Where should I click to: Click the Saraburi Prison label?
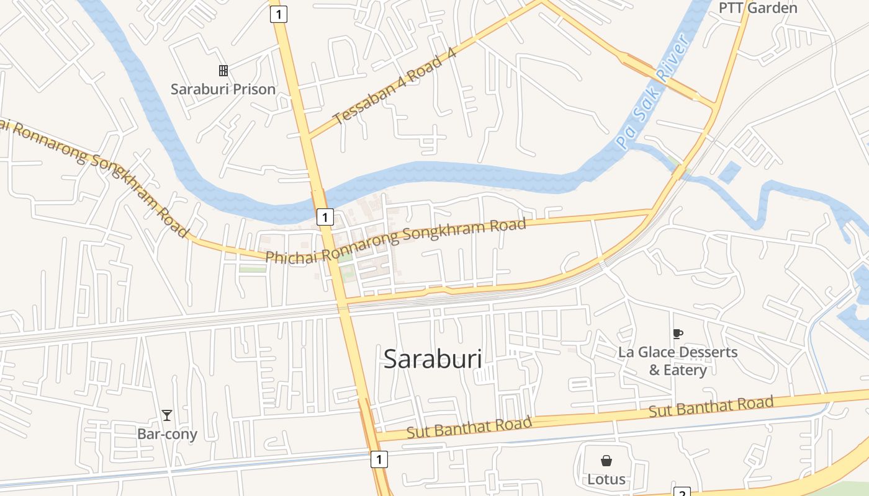click(x=223, y=89)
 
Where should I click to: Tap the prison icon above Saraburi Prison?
click(x=223, y=71)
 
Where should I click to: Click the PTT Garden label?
click(x=757, y=8)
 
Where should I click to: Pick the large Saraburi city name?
click(x=433, y=359)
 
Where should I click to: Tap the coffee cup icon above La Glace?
click(x=678, y=334)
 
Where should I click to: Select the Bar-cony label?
click(x=167, y=434)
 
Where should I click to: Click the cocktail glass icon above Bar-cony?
click(x=166, y=415)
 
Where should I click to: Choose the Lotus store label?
click(x=606, y=479)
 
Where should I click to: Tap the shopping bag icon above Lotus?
click(x=606, y=461)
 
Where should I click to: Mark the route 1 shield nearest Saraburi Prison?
click(x=279, y=14)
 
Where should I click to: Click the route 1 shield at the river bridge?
click(x=325, y=217)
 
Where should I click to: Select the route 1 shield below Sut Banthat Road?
click(x=379, y=459)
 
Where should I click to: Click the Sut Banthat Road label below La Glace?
click(x=711, y=407)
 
